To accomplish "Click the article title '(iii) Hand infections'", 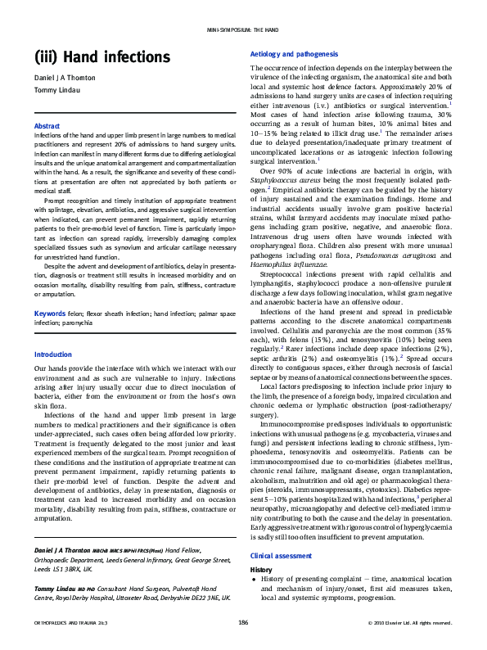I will (x=89, y=57).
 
